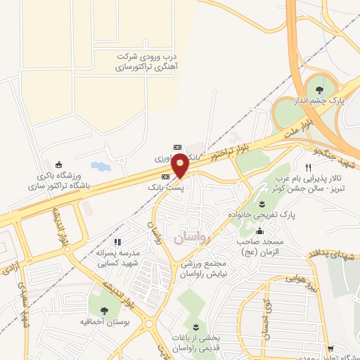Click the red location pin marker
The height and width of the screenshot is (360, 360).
coord(181,165)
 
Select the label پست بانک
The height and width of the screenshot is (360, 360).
coord(166,188)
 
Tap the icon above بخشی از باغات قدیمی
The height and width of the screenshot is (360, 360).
coord(195,328)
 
